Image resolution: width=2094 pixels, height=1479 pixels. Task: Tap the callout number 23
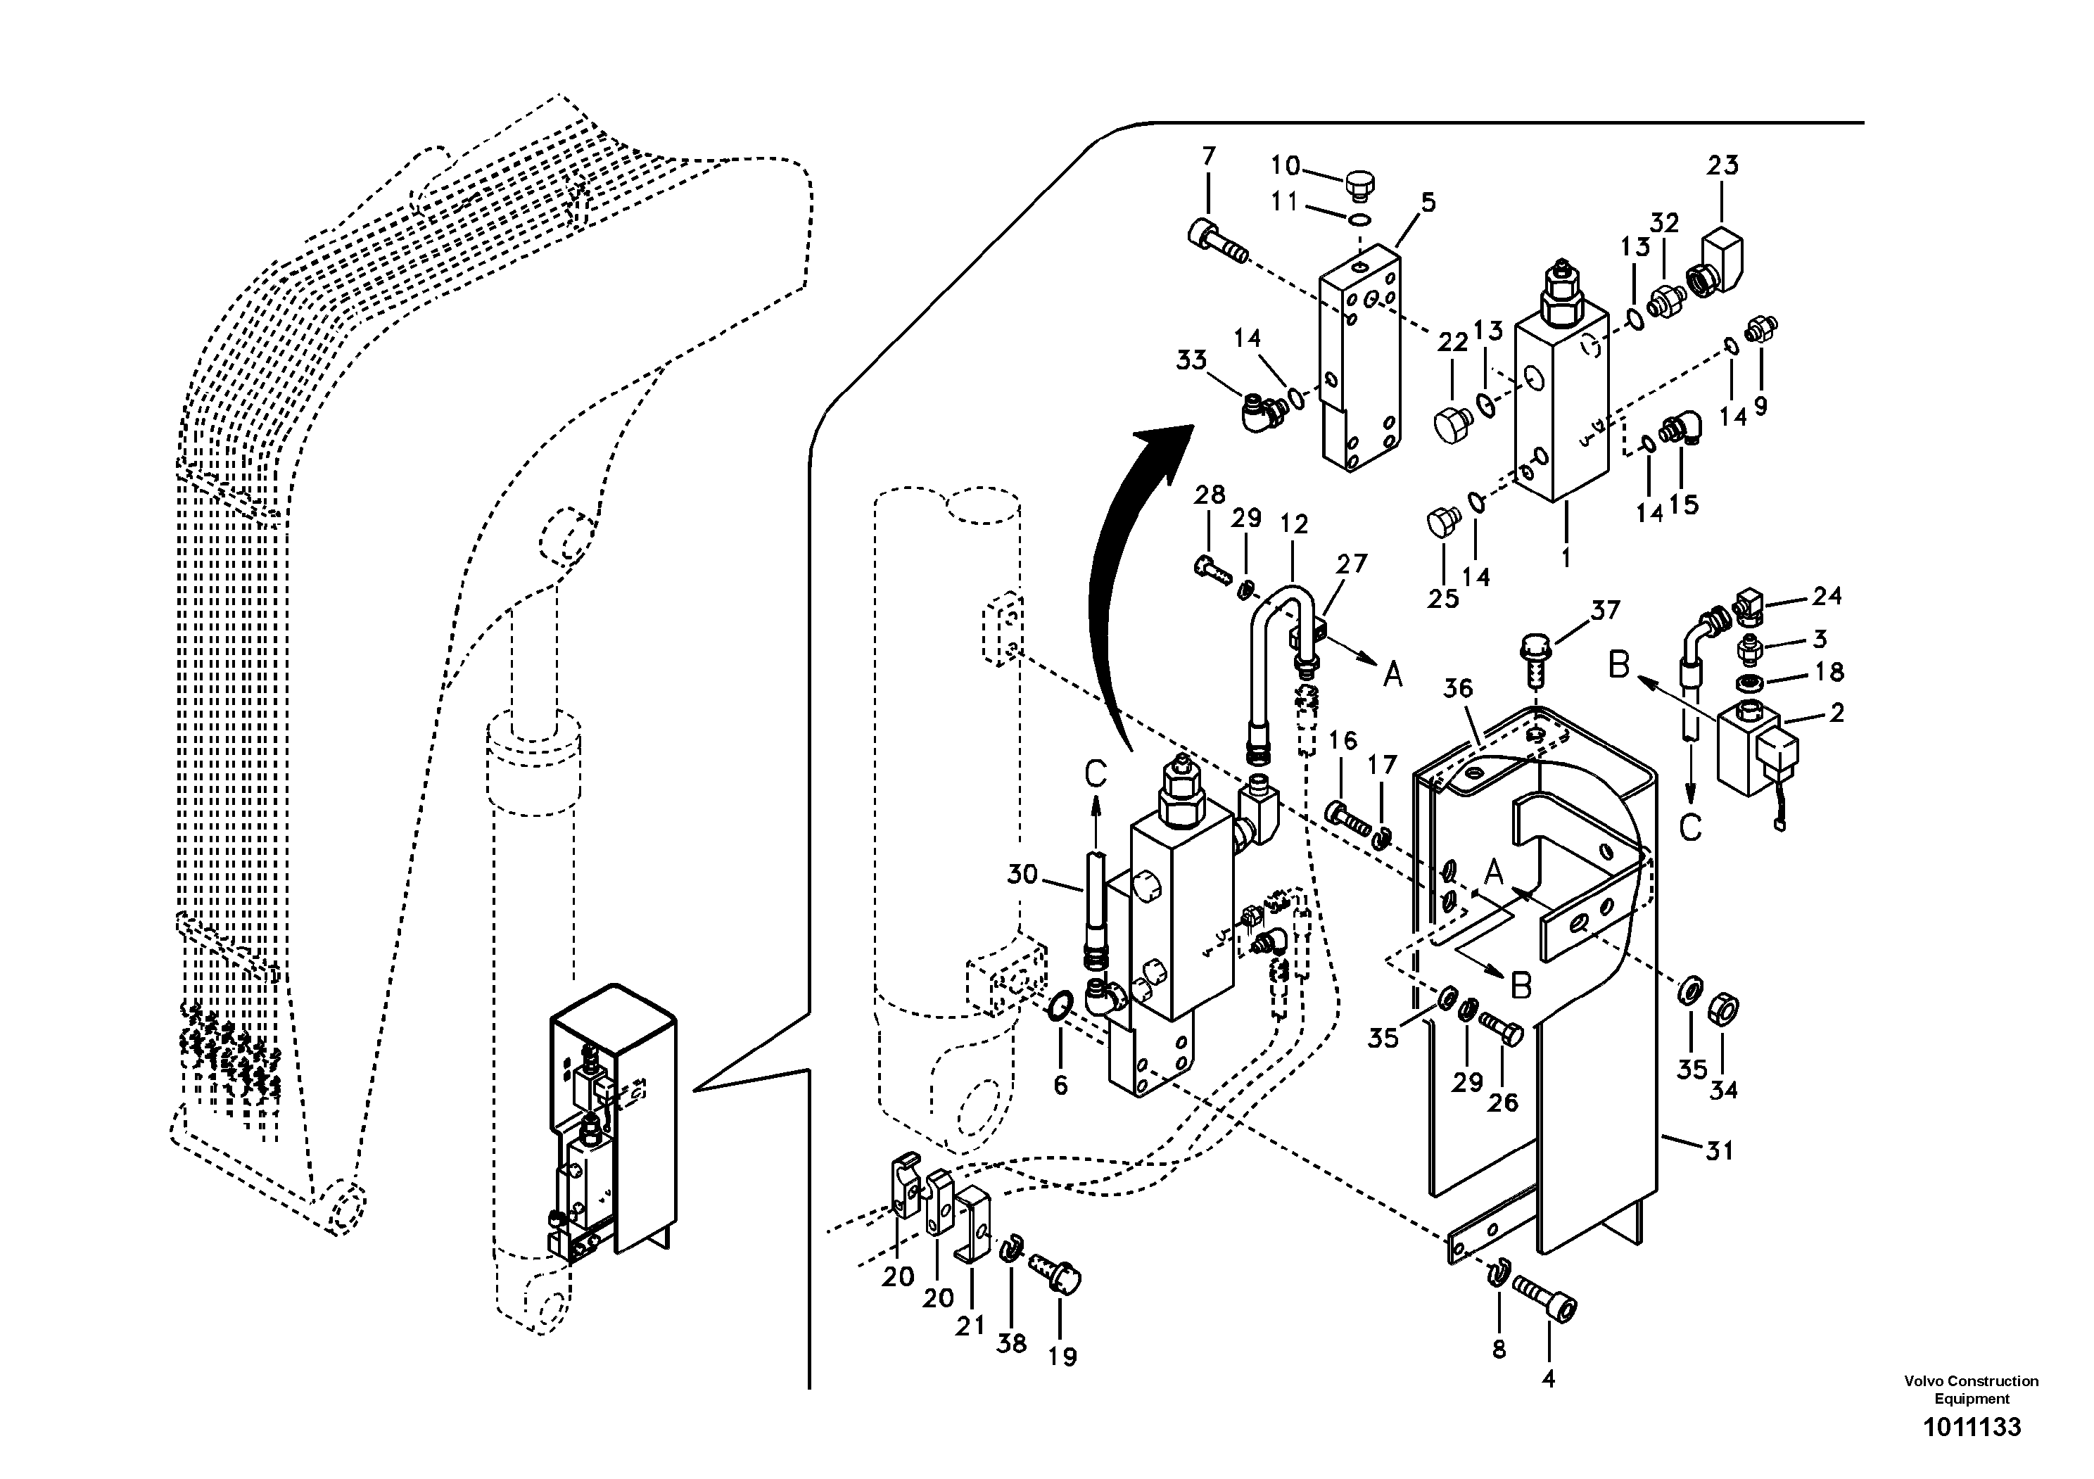pos(1722,165)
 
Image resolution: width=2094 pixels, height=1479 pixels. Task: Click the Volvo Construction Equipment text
pos(1971,1390)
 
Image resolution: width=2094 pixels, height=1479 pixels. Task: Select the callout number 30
pos(1022,875)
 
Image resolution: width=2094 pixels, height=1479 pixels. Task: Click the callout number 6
pos(1060,1084)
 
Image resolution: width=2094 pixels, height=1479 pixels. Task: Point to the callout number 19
pos(1062,1356)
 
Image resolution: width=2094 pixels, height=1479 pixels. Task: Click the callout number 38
pos(1010,1342)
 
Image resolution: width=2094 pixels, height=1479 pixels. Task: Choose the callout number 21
pos(970,1325)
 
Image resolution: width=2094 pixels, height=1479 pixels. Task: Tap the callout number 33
pos(1191,360)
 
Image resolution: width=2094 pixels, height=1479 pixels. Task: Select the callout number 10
pos(1285,165)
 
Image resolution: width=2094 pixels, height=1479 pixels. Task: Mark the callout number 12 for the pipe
pos(1293,523)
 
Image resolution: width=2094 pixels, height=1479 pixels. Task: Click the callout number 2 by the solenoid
pos(1836,712)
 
